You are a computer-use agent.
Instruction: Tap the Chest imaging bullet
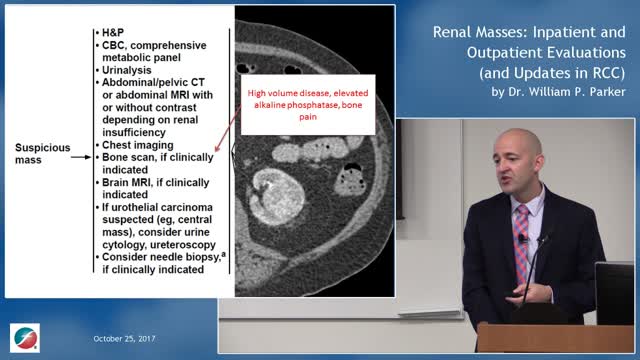point(141,144)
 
